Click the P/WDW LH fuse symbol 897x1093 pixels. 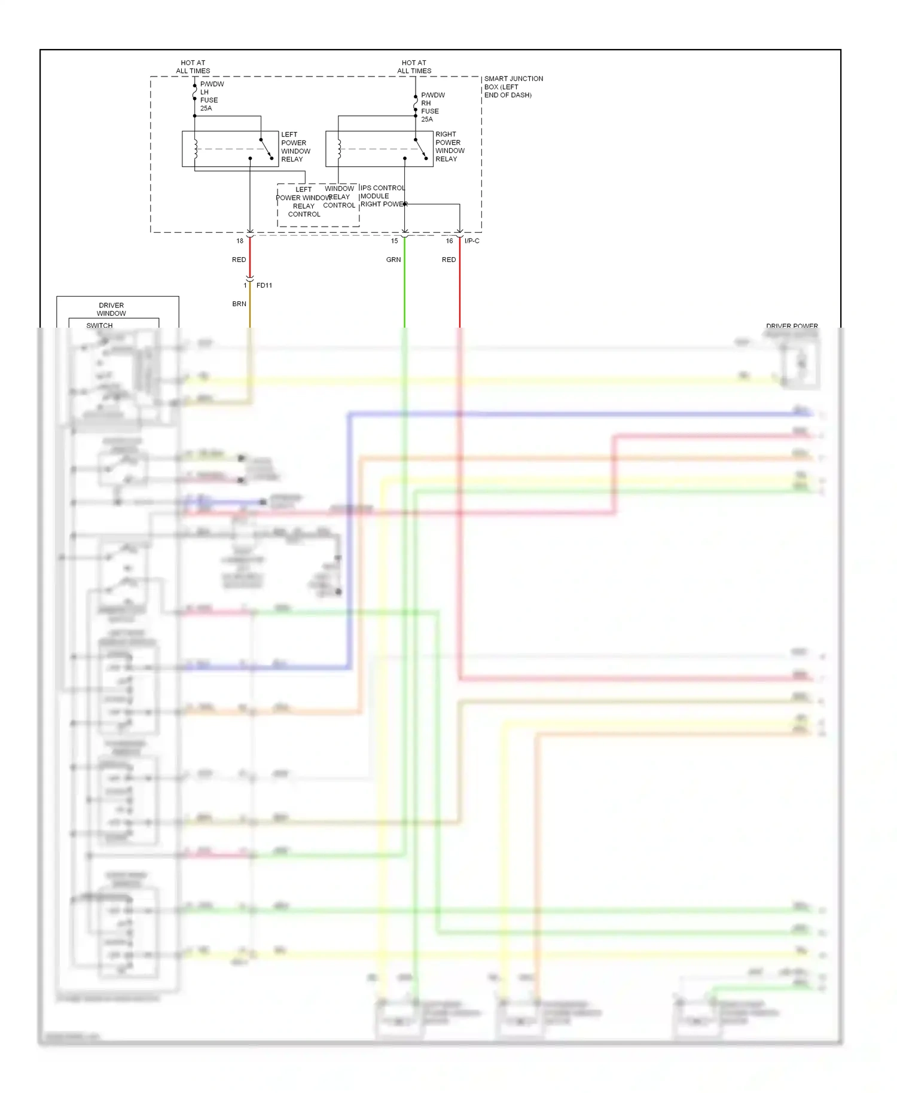pyautogui.click(x=195, y=93)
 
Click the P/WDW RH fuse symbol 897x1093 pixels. pyautogui.click(x=416, y=103)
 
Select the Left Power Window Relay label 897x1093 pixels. pyautogui.click(x=295, y=147)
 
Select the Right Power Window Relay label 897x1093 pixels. pyautogui.click(x=450, y=146)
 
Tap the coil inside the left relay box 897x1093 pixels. pyautogui.click(x=196, y=149)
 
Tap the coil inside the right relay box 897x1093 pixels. pyautogui.click(x=339, y=149)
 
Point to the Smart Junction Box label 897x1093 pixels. pyautogui.click(x=513, y=87)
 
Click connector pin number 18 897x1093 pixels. pyautogui.click(x=240, y=241)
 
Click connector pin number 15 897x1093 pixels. pyautogui.click(x=394, y=241)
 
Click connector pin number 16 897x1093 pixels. pyautogui.click(x=449, y=241)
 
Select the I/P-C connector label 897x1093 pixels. pyautogui.click(x=472, y=241)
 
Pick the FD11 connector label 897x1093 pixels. pyautogui.click(x=264, y=285)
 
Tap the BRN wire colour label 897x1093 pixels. pyautogui.click(x=239, y=304)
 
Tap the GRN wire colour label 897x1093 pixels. pyautogui.click(x=393, y=259)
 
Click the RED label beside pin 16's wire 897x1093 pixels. pyautogui.click(x=448, y=259)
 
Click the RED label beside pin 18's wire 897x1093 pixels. pyautogui.click(x=239, y=259)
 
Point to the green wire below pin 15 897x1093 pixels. pyautogui.click(x=405, y=293)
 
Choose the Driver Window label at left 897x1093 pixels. pyautogui.click(x=111, y=309)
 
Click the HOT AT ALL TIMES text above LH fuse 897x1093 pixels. pyautogui.click(x=193, y=66)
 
